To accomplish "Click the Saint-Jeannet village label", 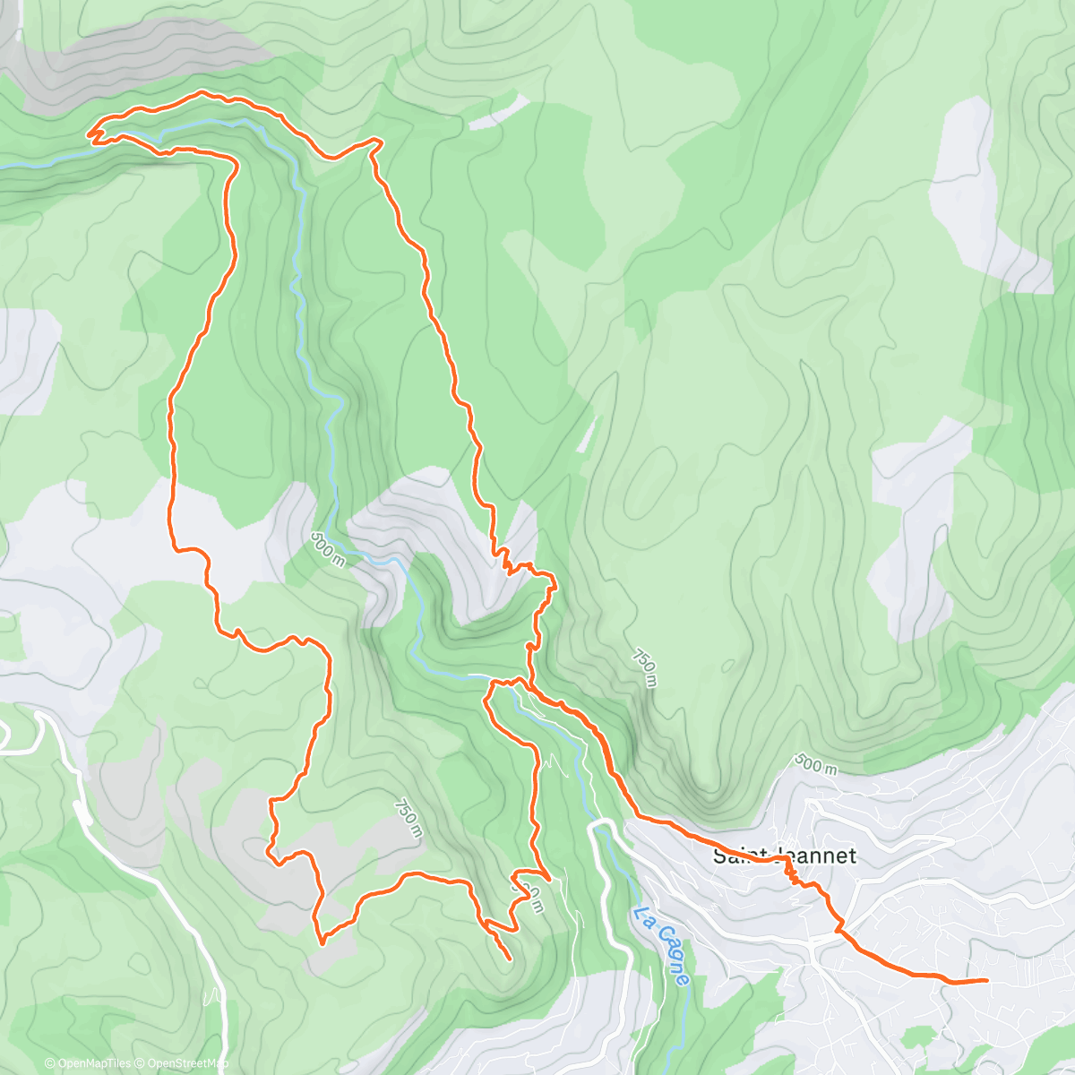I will pos(785,856).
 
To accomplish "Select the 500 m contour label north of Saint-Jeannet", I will pos(816,764).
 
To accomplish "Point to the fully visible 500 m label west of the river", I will pos(328,548).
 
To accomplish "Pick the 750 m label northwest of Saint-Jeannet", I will pos(645,667).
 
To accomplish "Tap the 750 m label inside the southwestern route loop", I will pos(406,818).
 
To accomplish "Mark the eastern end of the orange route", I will pos(986,980).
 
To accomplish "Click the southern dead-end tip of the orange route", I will pos(510,959).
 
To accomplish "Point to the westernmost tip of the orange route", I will pos(89,134).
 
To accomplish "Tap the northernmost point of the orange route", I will pos(202,91).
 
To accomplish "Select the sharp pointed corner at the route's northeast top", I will pos(381,141).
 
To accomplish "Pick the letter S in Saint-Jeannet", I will pos(719,856).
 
